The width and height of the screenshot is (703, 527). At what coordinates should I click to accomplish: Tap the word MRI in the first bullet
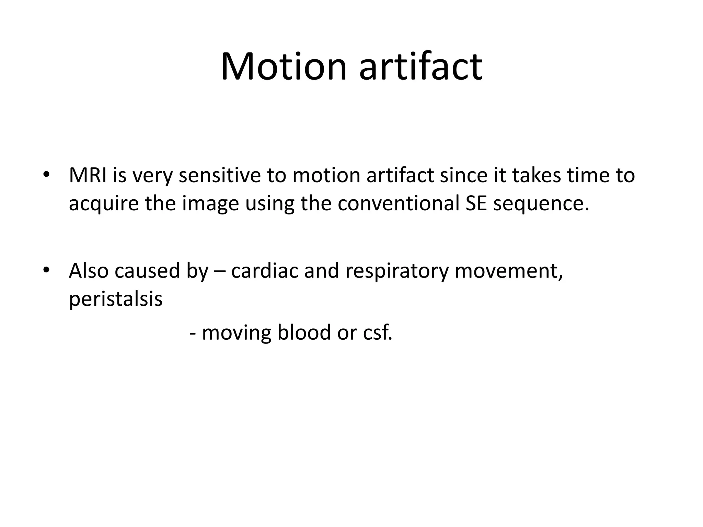pyautogui.click(x=88, y=175)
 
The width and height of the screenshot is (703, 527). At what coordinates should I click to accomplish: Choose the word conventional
pyautogui.click(x=399, y=203)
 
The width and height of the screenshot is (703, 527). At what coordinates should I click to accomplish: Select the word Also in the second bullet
pyautogui.click(x=89, y=271)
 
